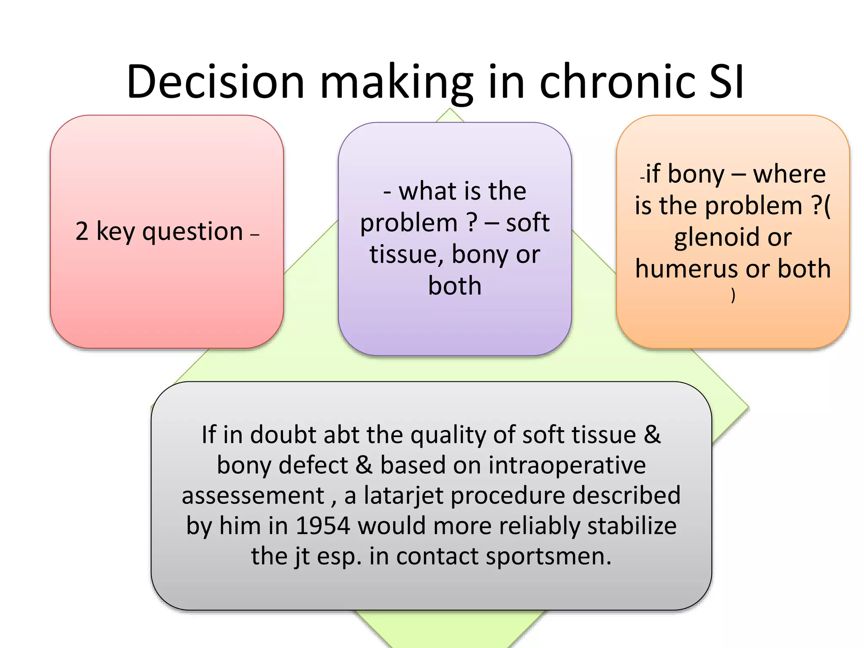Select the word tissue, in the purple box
coord(407,255)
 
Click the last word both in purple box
coord(455,286)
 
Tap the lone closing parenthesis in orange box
coord(733,295)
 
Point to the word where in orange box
coord(789,174)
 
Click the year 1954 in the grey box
coord(323,526)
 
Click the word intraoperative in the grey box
coord(567,465)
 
